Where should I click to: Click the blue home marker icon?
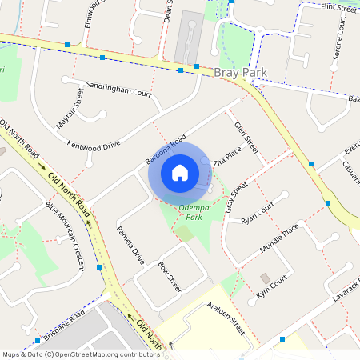coord(180,172)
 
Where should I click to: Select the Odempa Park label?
coord(194,212)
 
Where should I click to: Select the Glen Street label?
coord(247,136)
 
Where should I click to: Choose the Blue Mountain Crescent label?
coord(65,236)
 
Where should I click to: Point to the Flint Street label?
coord(337,7)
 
